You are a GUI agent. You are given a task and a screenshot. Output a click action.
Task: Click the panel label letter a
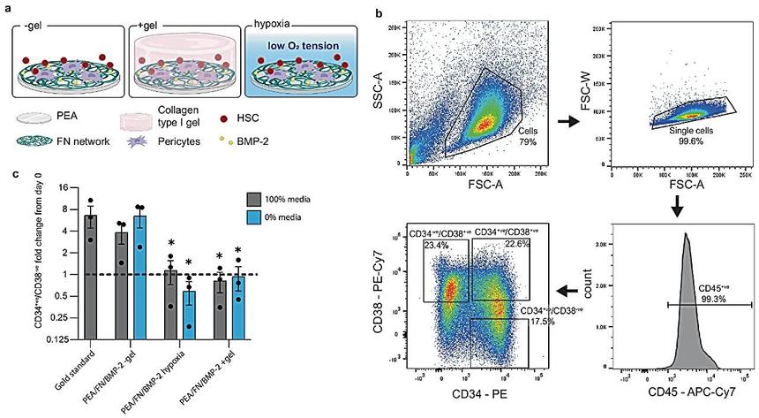coord(7,7)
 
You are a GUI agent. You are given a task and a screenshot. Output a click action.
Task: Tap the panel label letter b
coord(379,14)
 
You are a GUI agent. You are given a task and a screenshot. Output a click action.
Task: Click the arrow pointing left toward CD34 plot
coord(570,291)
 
